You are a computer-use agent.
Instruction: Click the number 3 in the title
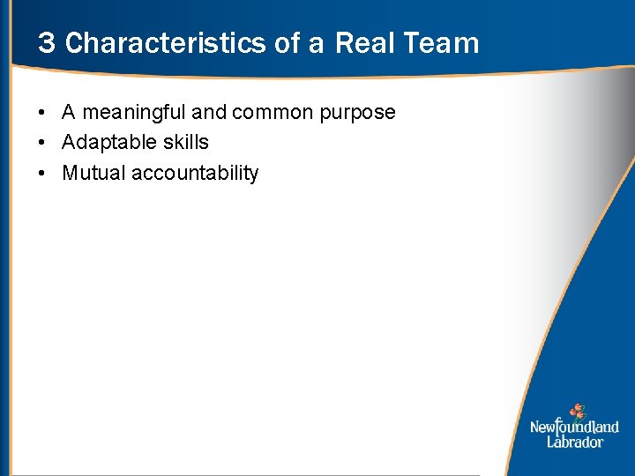[x=46, y=43]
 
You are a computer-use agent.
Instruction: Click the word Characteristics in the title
[x=166, y=43]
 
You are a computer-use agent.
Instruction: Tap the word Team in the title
[x=444, y=43]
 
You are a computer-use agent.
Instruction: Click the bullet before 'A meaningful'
[x=42, y=113]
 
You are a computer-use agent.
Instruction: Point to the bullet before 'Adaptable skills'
[x=42, y=143]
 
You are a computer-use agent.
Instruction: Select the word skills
[x=185, y=142]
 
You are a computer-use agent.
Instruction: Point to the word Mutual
[x=93, y=173]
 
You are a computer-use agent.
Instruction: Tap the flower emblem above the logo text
[x=577, y=412]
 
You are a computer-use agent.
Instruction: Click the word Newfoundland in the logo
[x=574, y=428]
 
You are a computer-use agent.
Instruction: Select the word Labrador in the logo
[x=575, y=442]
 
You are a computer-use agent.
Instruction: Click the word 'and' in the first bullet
[x=208, y=113]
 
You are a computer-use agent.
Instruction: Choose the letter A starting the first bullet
[x=69, y=113]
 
